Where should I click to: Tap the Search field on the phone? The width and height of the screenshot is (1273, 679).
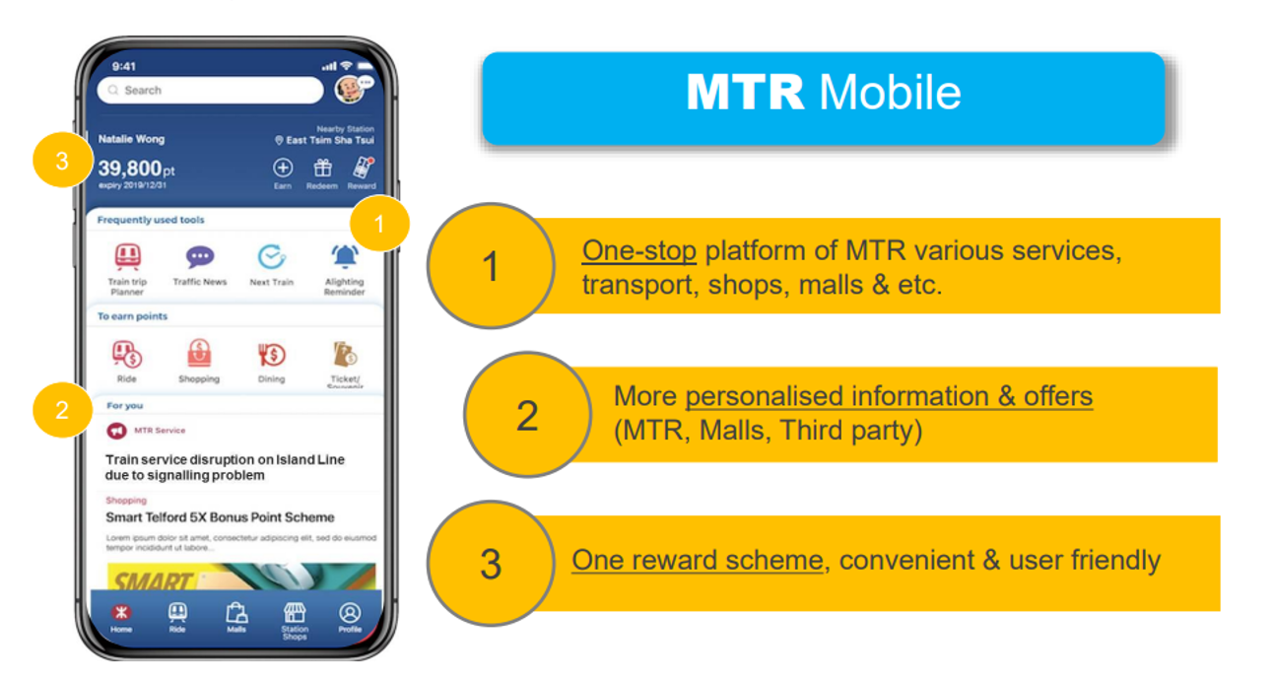(210, 90)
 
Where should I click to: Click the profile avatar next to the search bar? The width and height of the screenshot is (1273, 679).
(350, 89)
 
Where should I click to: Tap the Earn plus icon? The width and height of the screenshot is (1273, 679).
(283, 169)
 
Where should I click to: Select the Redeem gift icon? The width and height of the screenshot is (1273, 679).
(322, 169)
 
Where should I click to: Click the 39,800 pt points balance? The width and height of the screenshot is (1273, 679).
(136, 170)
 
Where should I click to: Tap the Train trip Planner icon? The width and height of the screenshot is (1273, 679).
(127, 257)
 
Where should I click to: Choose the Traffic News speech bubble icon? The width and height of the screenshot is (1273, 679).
(200, 257)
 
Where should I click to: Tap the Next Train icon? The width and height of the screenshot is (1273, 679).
(271, 257)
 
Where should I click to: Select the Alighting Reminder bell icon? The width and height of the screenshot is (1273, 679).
(344, 257)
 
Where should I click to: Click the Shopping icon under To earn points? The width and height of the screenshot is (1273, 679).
(199, 354)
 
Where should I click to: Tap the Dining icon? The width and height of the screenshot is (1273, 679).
(271, 354)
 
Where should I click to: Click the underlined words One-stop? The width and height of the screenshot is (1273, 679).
(638, 251)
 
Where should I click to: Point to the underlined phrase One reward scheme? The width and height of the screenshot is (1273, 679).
(697, 560)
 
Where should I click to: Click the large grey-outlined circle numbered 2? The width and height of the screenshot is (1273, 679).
(527, 415)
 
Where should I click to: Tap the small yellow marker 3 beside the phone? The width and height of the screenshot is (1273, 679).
(62, 161)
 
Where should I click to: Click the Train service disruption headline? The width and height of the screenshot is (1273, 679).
(225, 467)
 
